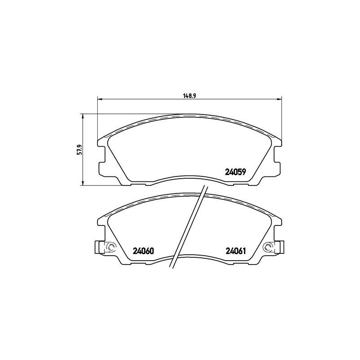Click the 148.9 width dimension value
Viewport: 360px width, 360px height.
tap(189, 95)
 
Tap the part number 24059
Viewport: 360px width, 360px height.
tap(234, 171)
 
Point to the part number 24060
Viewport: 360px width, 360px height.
tap(144, 251)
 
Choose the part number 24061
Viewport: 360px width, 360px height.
tap(234, 251)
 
